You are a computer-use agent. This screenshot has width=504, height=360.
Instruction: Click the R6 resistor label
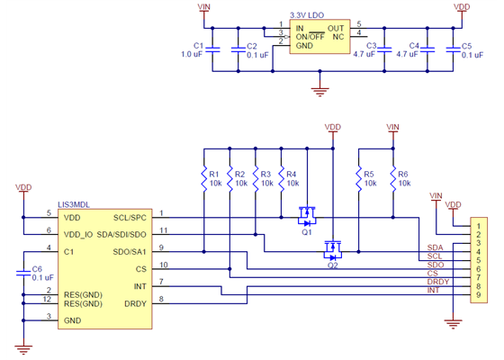tap(403, 174)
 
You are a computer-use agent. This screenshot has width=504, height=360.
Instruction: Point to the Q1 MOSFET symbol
tap(308, 217)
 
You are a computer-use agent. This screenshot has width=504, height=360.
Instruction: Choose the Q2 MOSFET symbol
tap(333, 246)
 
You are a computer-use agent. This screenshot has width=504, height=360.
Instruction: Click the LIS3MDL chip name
tap(74, 205)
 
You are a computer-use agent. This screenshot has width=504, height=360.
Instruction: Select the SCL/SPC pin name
tap(130, 217)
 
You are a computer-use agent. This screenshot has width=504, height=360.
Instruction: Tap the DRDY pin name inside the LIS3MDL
tap(135, 303)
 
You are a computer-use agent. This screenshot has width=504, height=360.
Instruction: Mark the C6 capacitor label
tap(37, 269)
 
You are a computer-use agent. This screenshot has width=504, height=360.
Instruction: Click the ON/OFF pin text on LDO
tap(310, 36)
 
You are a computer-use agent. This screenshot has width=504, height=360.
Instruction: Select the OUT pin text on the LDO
tap(336, 28)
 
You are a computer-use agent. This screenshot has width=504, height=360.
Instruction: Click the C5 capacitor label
tap(465, 45)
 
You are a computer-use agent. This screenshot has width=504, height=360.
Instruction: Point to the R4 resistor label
tap(291, 174)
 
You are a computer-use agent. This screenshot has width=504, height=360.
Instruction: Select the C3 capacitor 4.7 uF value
tap(364, 54)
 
